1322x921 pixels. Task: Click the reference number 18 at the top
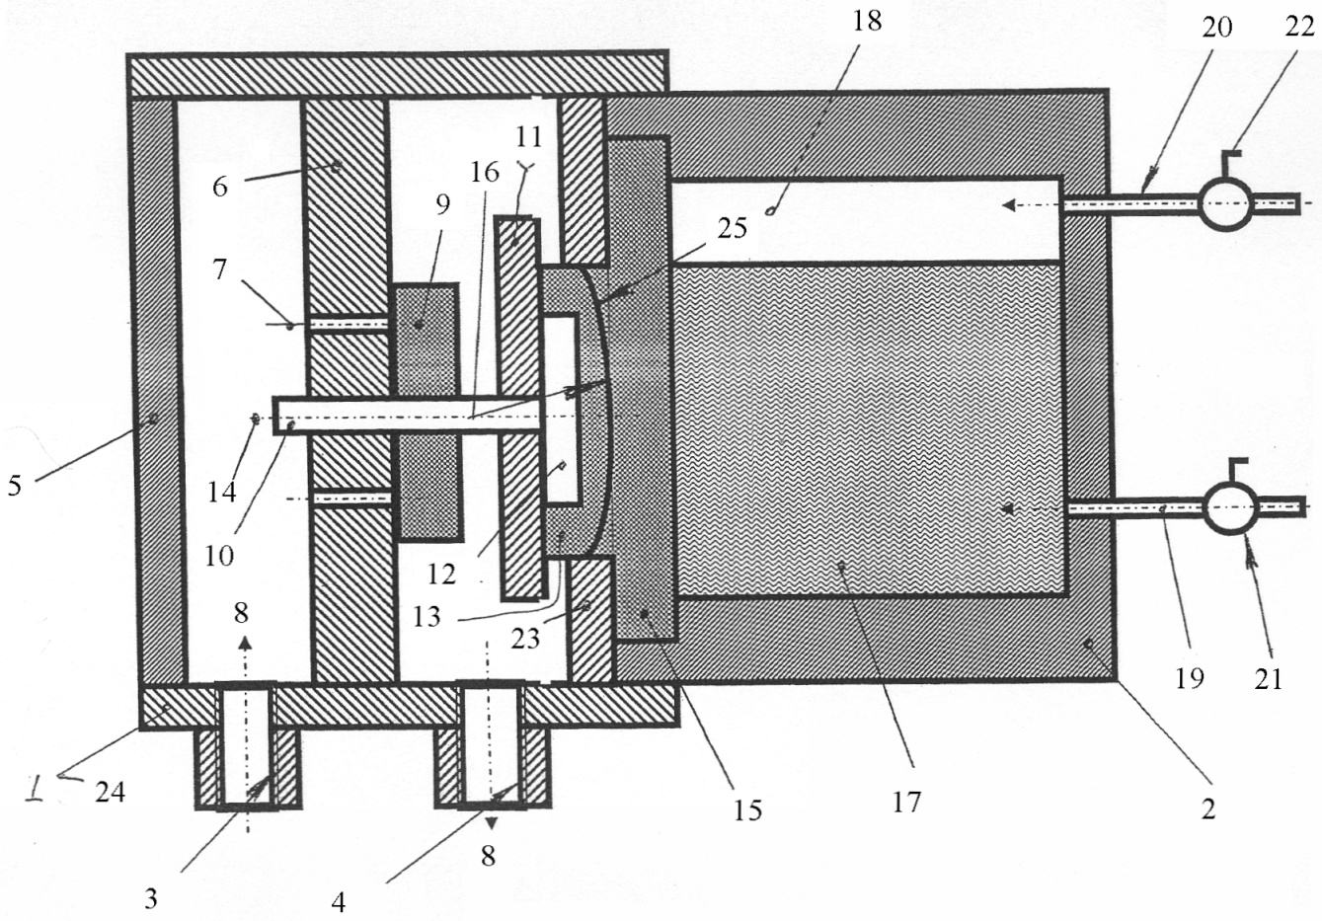(867, 21)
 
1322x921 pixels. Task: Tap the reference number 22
(1299, 27)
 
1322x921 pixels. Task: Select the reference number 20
(1216, 27)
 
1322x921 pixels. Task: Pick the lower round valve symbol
(1231, 508)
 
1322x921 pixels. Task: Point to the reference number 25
(733, 228)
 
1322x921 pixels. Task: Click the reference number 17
(906, 803)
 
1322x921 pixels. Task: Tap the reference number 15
(747, 810)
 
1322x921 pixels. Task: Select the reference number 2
(1208, 808)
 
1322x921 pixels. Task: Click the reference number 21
(1269, 680)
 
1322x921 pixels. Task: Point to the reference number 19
(1190, 678)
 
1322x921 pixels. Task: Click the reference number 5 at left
(15, 485)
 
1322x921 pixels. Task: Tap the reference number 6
(220, 187)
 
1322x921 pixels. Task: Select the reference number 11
(528, 137)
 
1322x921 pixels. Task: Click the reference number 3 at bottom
(151, 898)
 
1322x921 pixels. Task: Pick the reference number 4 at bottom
(339, 902)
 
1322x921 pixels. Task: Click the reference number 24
(111, 792)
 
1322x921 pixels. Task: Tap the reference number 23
(525, 639)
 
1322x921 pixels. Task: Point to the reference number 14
(222, 492)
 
